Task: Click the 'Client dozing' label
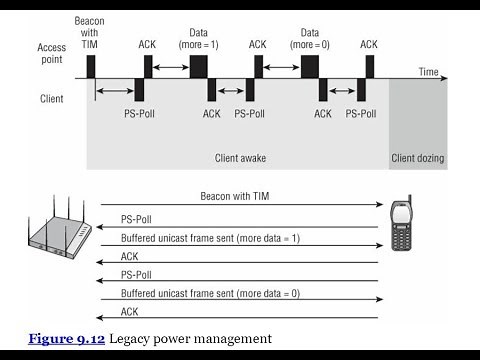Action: point(418,158)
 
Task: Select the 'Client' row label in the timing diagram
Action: point(50,99)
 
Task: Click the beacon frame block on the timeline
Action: point(90,67)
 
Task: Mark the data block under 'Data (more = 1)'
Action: point(198,66)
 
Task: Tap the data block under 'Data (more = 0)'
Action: point(310,66)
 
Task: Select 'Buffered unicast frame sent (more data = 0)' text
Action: point(209,293)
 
